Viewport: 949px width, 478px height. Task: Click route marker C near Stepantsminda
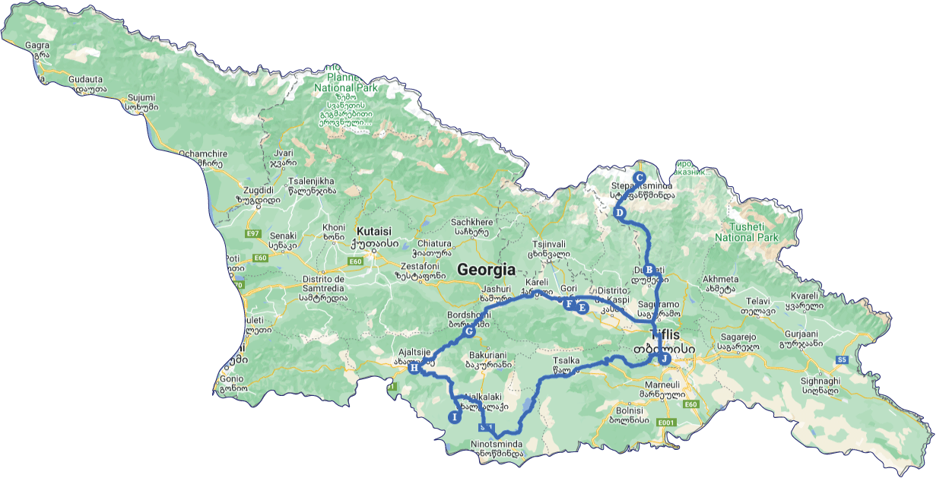640,177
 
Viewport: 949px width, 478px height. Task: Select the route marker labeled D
620,213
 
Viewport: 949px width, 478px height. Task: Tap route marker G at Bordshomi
469,331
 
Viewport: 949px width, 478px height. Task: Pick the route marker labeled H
414,369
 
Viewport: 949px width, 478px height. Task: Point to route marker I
455,416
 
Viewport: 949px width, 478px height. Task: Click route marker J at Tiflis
665,359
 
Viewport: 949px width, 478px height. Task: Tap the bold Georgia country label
486,270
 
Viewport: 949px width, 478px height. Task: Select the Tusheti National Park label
747,232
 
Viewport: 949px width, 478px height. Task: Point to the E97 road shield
252,234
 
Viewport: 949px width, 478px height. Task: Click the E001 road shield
666,423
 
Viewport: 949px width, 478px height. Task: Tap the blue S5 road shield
842,359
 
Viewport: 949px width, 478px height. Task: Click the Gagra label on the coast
36,45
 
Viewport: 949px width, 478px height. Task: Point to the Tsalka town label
561,362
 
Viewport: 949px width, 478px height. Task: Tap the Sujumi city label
141,97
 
